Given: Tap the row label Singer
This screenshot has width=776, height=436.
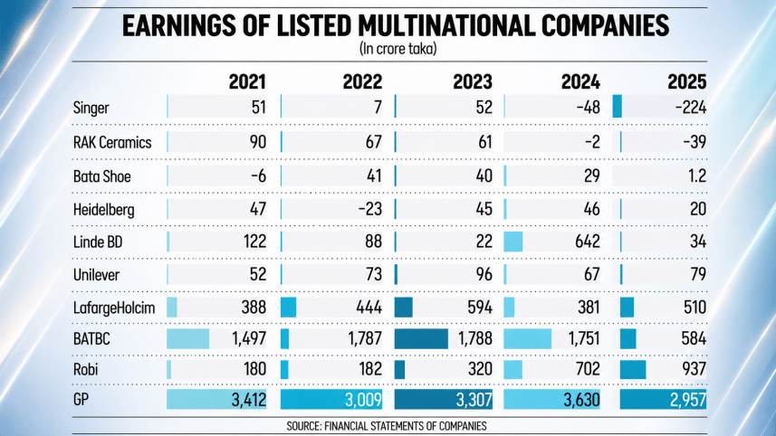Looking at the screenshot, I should tap(91, 108).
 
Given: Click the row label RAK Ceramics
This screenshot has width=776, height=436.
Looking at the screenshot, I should tap(112, 142).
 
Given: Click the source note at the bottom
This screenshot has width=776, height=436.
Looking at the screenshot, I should tap(388, 424).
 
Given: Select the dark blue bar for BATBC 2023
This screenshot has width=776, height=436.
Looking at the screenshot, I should tap(422, 338).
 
